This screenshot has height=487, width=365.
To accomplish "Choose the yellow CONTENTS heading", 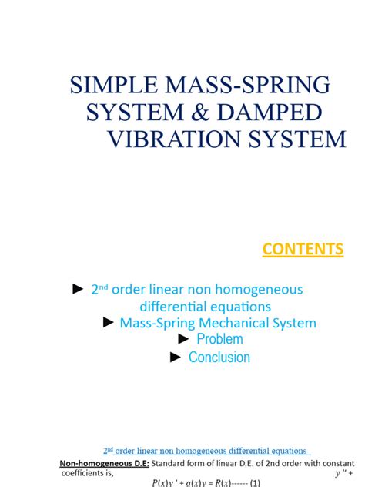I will click(x=303, y=249).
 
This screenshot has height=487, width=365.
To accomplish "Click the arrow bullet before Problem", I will click(x=183, y=339).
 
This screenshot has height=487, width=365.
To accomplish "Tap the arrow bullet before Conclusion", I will click(x=176, y=357).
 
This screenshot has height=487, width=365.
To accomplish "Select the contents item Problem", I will click(x=219, y=339).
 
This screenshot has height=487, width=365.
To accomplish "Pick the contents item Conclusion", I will click(x=219, y=357).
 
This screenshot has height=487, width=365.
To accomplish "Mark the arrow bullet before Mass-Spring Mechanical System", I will click(x=109, y=322).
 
